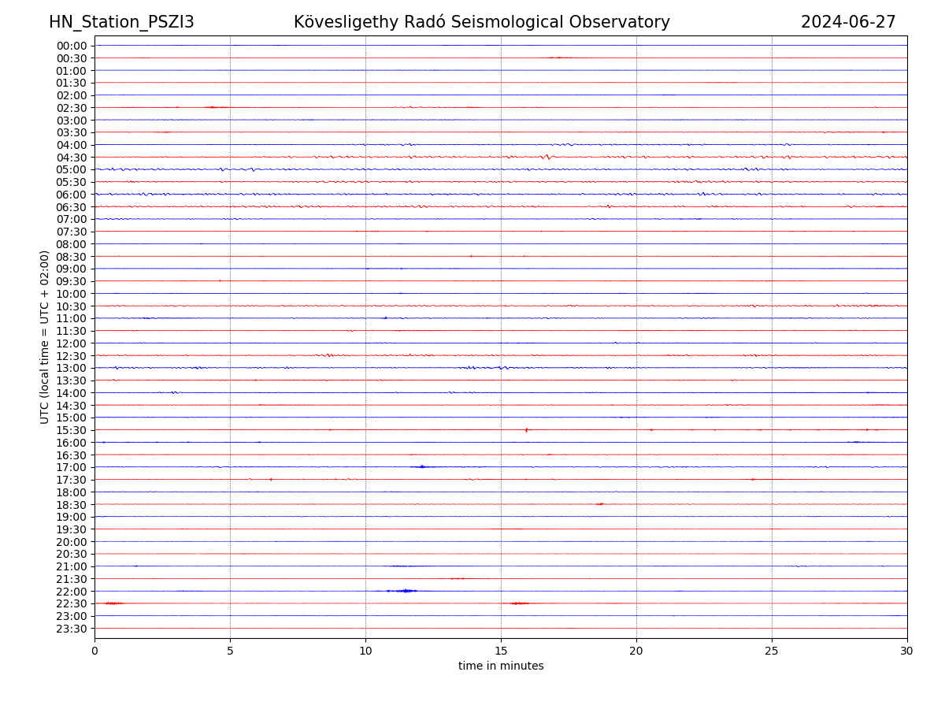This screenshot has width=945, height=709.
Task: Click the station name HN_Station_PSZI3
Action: [121, 22]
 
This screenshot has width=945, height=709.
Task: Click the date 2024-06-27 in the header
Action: [848, 22]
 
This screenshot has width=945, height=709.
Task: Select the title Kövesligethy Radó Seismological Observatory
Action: [481, 22]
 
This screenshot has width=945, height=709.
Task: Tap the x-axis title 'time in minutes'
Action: [501, 666]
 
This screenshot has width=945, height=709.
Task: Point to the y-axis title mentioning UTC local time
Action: [45, 337]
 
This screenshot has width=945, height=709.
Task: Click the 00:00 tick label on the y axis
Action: [72, 46]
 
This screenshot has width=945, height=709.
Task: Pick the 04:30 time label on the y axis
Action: [72, 158]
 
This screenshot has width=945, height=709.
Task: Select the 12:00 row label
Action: [72, 343]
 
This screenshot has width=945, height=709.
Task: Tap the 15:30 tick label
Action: [72, 430]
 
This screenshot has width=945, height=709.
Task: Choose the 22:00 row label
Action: [72, 592]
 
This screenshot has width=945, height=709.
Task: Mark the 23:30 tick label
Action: [72, 629]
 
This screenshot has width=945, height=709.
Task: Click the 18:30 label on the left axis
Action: [72, 505]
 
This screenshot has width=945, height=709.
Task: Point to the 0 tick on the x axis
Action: [94, 651]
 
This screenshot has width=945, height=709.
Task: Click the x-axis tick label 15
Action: [501, 651]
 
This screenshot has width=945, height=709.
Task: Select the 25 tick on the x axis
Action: [772, 651]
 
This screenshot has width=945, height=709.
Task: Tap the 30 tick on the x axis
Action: [907, 651]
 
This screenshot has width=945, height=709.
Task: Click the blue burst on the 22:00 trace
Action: [405, 591]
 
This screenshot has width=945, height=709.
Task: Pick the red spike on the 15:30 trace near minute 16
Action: [526, 429]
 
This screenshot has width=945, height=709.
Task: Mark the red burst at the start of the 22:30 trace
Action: [113, 603]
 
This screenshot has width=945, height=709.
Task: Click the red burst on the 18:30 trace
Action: [600, 504]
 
